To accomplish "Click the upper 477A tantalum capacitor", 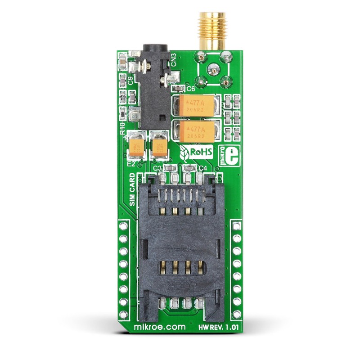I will pos(197,106).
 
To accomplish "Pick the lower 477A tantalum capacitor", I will pos(197,130).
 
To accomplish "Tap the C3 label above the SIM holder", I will pos(157,168).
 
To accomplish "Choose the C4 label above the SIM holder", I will pos(202,168).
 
